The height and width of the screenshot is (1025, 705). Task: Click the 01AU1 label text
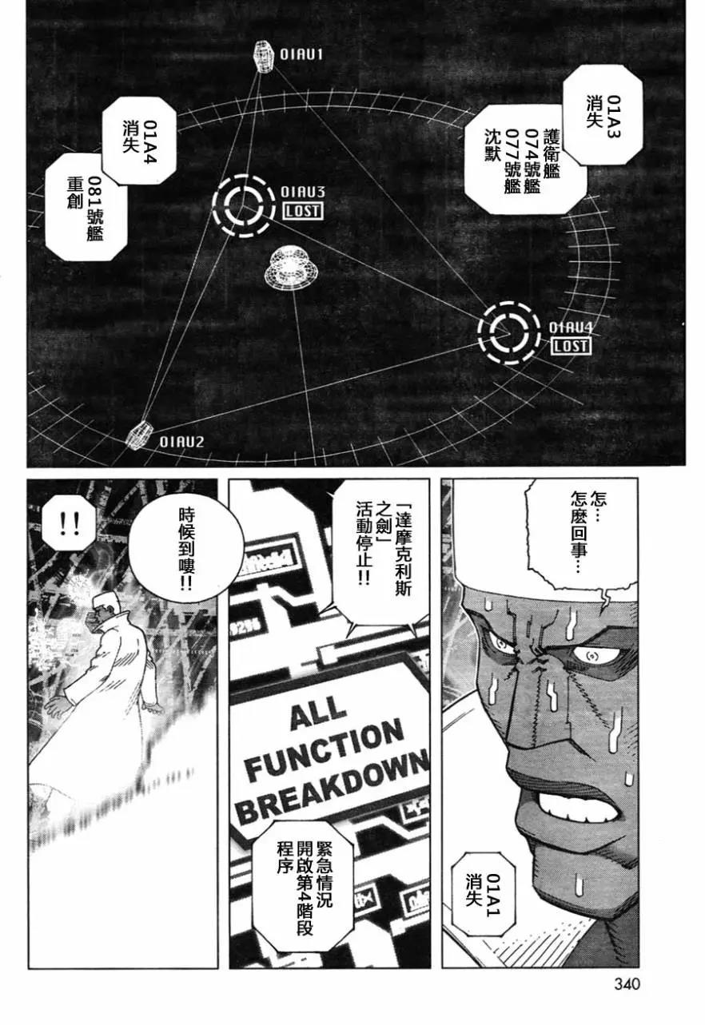[x=301, y=55]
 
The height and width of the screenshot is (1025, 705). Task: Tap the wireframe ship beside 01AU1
[x=262, y=56]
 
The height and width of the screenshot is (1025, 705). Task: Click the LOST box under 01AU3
[x=302, y=211]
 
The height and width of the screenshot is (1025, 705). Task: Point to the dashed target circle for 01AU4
[x=506, y=331]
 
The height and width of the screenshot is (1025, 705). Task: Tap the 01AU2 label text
[x=182, y=441]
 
